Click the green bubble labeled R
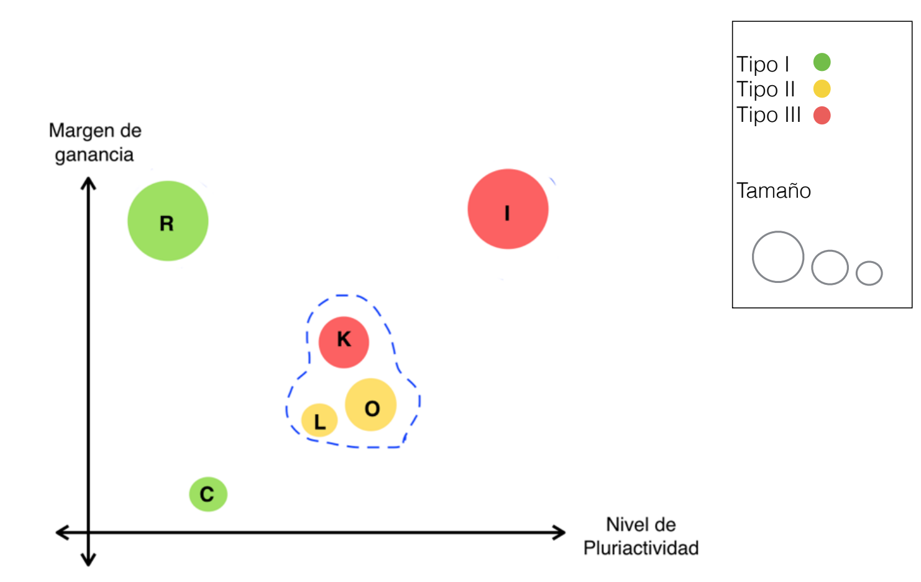(168, 221)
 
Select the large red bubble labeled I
(508, 209)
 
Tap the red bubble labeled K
(344, 342)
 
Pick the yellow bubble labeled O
(371, 405)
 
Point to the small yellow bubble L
(319, 420)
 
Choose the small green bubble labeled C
(208, 494)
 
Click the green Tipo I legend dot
(822, 62)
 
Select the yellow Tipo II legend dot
(822, 89)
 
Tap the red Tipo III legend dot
(822, 116)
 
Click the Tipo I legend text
(763, 64)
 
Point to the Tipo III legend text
(769, 115)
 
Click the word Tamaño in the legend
(774, 190)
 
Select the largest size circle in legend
(778, 257)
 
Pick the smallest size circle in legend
(869, 273)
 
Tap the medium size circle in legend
(830, 267)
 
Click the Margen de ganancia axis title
(95, 142)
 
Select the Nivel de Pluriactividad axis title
(641, 536)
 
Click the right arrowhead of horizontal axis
(561, 532)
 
